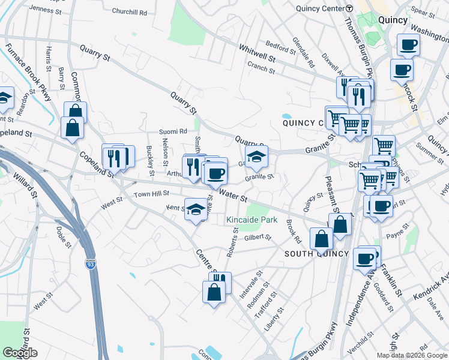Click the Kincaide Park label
tap(252, 220)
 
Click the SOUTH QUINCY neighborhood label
tap(316, 254)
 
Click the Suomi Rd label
tap(173, 131)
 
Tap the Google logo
tap(20, 353)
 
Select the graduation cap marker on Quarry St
tap(256, 157)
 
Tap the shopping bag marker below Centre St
tap(214, 293)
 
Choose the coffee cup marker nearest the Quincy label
tap(408, 44)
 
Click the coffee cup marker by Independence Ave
tap(364, 258)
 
